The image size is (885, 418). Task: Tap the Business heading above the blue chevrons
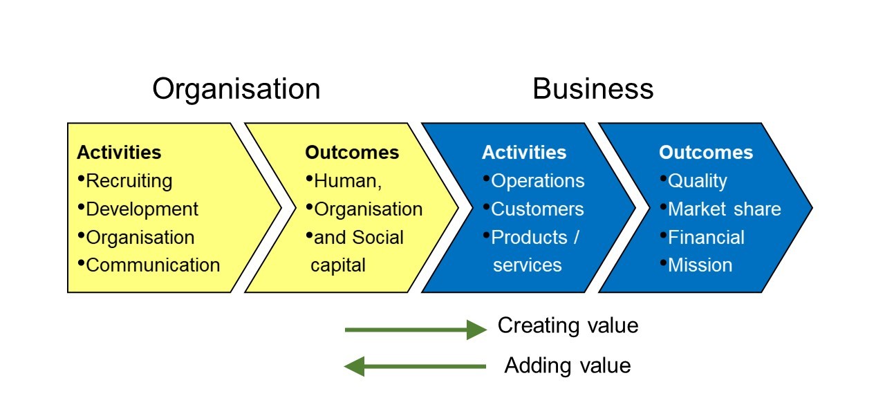pyautogui.click(x=593, y=89)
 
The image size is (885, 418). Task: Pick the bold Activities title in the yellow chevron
pyautogui.click(x=119, y=153)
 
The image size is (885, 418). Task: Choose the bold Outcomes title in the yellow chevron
pyautogui.click(x=352, y=153)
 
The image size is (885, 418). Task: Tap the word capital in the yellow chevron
pyautogui.click(x=338, y=265)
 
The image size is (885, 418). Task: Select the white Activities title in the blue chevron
pyautogui.click(x=524, y=153)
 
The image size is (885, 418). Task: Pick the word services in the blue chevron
pyautogui.click(x=528, y=265)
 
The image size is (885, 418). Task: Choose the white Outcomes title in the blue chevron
pyautogui.click(x=706, y=153)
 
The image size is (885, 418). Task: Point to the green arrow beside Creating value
pyautogui.click(x=416, y=330)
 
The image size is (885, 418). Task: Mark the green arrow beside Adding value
pyautogui.click(x=415, y=366)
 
